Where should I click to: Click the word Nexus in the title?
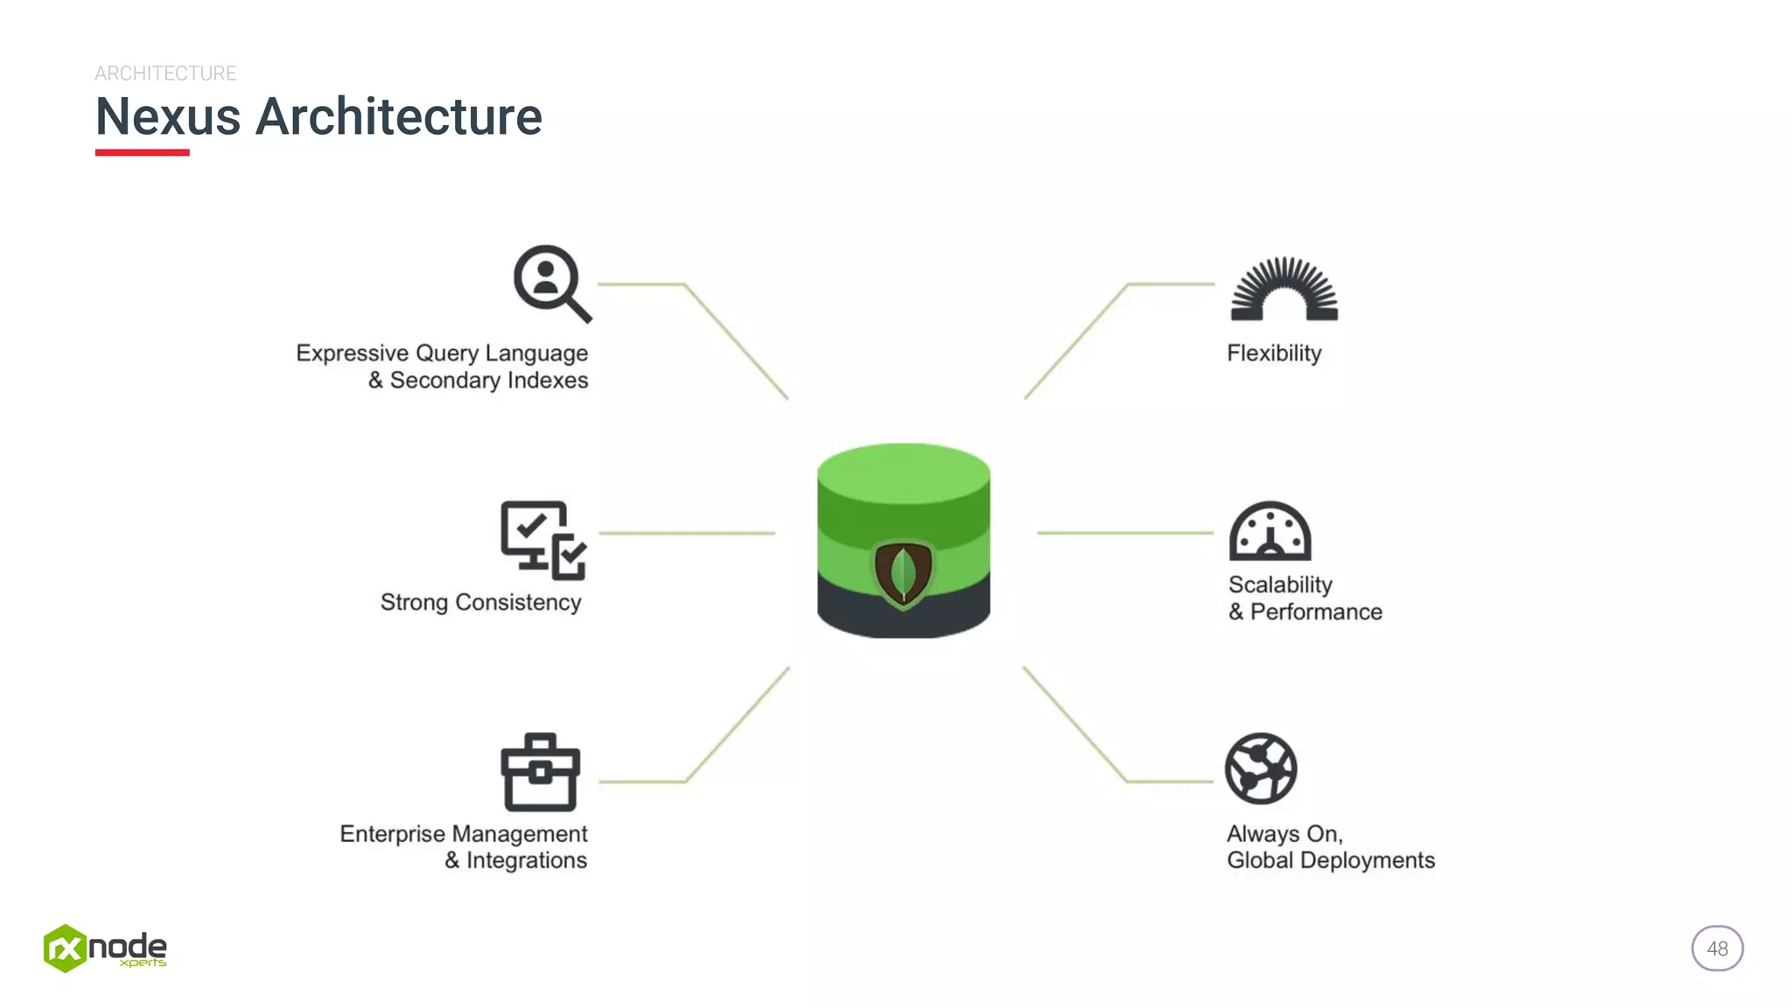[x=168, y=117]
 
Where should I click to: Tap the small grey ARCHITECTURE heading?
[x=165, y=73]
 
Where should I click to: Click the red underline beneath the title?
[x=142, y=152]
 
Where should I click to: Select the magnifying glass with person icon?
[x=550, y=282]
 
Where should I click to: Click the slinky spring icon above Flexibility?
[x=1284, y=290]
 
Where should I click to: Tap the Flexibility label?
[x=1274, y=353]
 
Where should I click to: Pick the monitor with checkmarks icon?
[x=542, y=539]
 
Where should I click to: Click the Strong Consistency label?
[x=480, y=602]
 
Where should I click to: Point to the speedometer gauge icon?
[x=1270, y=531]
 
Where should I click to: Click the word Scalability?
[x=1280, y=584]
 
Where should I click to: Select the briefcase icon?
[x=540, y=773]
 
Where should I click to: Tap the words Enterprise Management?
[x=463, y=833]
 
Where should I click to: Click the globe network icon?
[x=1261, y=768]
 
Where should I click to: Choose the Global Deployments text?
[x=1330, y=860]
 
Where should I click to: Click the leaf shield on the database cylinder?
[x=903, y=574]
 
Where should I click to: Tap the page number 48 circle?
[x=1717, y=948]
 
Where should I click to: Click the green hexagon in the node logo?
[x=65, y=948]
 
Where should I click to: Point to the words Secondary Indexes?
[x=488, y=381]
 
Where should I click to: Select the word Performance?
[x=1316, y=612]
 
